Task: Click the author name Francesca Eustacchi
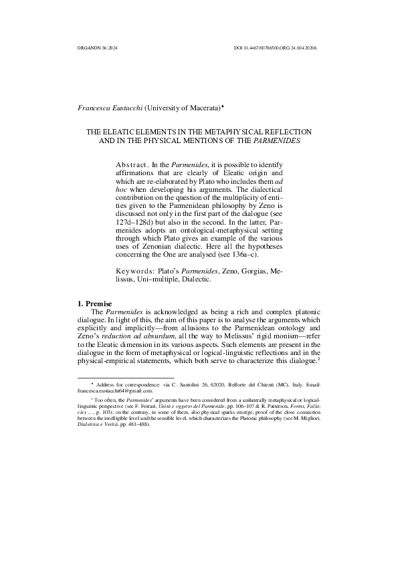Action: pos(110,107)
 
